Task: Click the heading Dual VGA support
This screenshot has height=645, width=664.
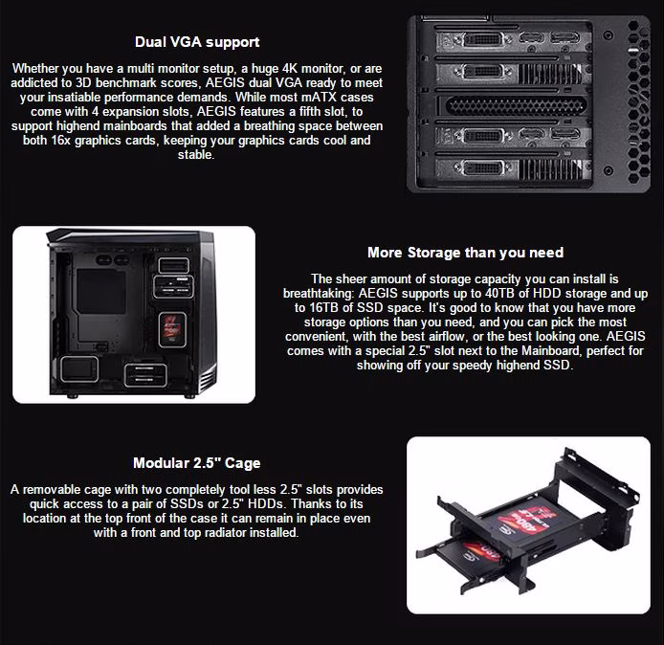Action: [x=197, y=42]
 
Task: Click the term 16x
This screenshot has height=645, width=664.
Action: [x=60, y=140]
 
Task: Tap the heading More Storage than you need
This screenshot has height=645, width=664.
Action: [x=465, y=253]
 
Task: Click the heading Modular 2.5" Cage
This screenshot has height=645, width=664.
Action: [x=197, y=463]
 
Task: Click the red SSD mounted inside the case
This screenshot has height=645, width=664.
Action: [x=172, y=329]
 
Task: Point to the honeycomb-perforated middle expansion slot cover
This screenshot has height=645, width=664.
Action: [x=516, y=105]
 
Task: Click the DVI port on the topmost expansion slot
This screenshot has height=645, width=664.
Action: [x=483, y=40]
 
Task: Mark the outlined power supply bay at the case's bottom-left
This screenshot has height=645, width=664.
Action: [x=79, y=369]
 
